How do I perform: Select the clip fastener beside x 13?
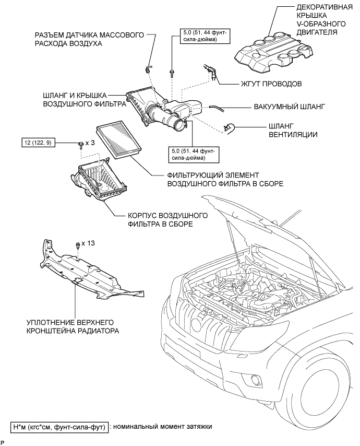click(x=78, y=245)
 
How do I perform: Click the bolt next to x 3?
click(x=81, y=144)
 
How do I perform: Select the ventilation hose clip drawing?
click(x=229, y=125)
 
